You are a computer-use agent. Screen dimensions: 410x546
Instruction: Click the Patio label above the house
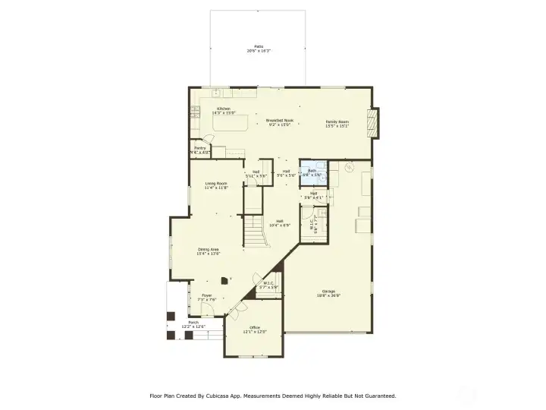pos(259,48)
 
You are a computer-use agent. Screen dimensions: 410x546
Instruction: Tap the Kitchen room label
pos(224,110)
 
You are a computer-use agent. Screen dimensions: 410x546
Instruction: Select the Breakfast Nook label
pos(279,122)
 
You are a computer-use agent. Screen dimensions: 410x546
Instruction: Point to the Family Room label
pos(337,124)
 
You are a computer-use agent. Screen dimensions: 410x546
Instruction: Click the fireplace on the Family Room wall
pos(372,122)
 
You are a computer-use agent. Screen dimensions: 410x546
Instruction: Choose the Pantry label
pos(199,150)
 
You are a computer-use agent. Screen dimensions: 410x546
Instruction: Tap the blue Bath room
pos(312,172)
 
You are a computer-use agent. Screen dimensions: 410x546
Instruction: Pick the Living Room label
pos(217,185)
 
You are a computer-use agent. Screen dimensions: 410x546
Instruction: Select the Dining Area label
pos(209,251)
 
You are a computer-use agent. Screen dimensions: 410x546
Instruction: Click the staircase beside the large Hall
pos(256,232)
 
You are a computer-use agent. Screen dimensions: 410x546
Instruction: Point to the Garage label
pos(328,293)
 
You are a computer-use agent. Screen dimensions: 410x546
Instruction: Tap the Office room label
pos(255,330)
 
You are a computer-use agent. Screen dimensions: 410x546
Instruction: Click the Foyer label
pos(206,297)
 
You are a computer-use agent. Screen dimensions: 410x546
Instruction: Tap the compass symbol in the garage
pos(349,166)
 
